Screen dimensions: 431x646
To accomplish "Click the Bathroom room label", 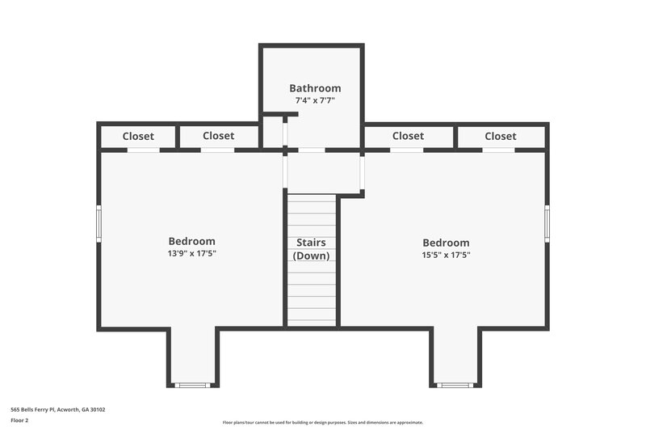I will click(x=315, y=88).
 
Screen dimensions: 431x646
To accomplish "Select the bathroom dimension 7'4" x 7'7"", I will click(x=315, y=100).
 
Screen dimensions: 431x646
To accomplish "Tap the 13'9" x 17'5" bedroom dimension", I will click(x=191, y=254).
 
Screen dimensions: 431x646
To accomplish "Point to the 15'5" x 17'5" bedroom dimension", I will click(x=446, y=255).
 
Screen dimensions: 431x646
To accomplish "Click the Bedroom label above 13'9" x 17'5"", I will click(x=191, y=241).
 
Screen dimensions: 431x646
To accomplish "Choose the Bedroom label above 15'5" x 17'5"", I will click(x=446, y=243).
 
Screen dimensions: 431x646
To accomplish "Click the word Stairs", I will click(x=311, y=242).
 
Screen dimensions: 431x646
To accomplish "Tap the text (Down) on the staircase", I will click(x=311, y=256).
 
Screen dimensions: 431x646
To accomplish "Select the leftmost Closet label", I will click(x=138, y=137).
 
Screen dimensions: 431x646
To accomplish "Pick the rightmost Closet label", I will click(x=501, y=137).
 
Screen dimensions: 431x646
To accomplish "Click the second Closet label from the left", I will click(x=218, y=136).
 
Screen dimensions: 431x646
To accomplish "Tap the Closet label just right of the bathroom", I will click(x=408, y=136).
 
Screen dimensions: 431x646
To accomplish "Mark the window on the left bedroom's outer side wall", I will click(x=99, y=223).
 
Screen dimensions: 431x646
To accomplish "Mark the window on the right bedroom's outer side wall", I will click(x=547, y=223).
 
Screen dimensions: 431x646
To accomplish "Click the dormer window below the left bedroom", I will click(x=193, y=385).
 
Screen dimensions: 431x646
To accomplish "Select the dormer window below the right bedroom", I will click(x=455, y=385).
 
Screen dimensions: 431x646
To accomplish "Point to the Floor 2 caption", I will click(x=19, y=420).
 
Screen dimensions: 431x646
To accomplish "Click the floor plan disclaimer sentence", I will click(x=322, y=422).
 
